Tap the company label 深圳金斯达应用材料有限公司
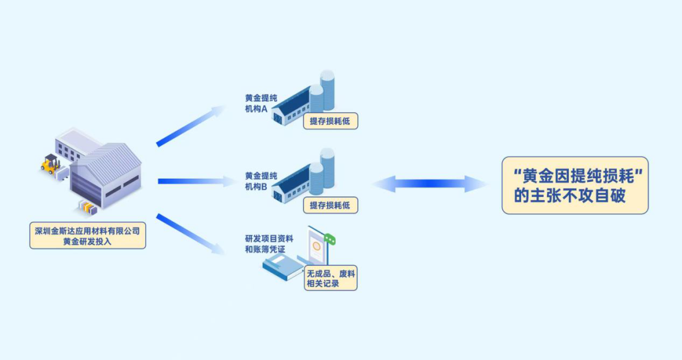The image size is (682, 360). (x=88, y=230)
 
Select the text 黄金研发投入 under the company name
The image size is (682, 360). (x=88, y=241)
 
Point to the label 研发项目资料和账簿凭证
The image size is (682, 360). (x=269, y=244)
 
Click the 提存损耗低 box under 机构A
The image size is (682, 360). (x=330, y=121)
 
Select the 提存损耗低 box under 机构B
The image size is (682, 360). (x=330, y=205)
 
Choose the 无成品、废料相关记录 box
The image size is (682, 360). (x=330, y=279)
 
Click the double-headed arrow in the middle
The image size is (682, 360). (x=429, y=184)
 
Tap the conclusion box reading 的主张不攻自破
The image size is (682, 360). (x=575, y=186)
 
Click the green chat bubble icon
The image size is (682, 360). (x=329, y=239)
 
